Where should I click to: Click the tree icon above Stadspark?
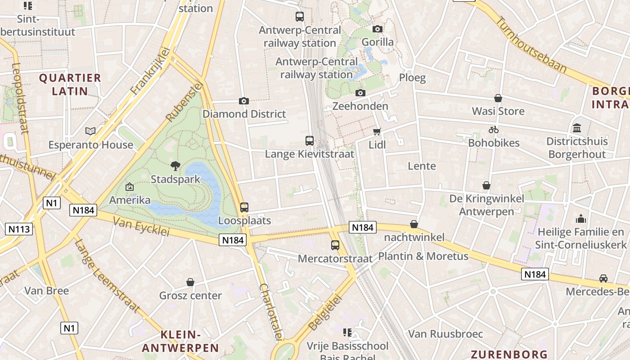[175, 166]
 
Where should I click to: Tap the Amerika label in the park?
[130, 200]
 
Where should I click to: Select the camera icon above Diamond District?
[244, 101]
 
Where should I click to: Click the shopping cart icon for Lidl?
[377, 132]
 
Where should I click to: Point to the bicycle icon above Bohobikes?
[494, 130]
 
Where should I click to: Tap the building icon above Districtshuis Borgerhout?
[577, 128]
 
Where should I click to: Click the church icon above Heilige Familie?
[581, 219]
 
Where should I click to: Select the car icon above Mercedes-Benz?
[603, 278]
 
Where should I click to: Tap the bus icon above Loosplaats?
[244, 207]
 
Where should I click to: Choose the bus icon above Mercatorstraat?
[335, 245]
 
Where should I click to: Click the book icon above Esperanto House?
[90, 131]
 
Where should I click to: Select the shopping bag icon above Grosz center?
[190, 282]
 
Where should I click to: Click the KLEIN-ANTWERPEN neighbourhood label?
[180, 341]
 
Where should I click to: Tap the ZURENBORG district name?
[509, 354]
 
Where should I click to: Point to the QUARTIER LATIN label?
[70, 84]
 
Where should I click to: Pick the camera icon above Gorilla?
[378, 29]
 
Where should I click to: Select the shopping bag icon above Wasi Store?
[498, 98]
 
